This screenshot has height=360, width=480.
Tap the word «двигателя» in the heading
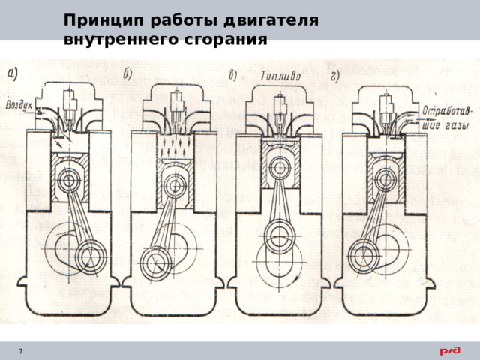click(x=271, y=21)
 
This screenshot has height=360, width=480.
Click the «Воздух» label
click(x=19, y=105)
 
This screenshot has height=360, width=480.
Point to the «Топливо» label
click(x=280, y=76)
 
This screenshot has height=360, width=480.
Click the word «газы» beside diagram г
click(x=456, y=125)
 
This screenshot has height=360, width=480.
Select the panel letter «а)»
click(x=13, y=73)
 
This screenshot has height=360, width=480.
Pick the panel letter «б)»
click(x=127, y=73)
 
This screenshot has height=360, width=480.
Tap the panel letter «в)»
click(x=233, y=75)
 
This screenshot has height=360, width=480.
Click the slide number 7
click(x=21, y=351)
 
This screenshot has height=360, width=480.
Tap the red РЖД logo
click(x=450, y=351)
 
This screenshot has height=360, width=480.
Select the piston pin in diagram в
click(x=280, y=168)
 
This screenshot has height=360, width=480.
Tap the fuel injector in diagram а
click(x=70, y=108)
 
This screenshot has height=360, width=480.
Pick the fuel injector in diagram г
click(x=386, y=110)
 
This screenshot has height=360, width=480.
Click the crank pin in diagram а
click(x=91, y=256)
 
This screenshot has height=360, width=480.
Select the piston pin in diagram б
click(x=175, y=185)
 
